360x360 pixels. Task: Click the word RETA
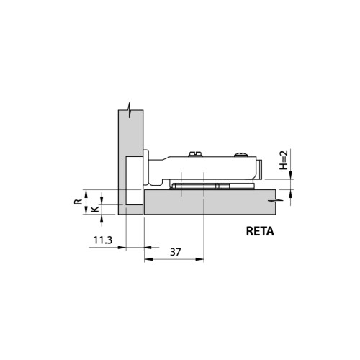click(260, 233)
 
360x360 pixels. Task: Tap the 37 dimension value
click(175, 252)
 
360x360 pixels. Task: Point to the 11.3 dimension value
click(101, 240)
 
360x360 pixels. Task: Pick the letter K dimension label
click(92, 210)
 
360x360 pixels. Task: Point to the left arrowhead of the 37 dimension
click(147, 261)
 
